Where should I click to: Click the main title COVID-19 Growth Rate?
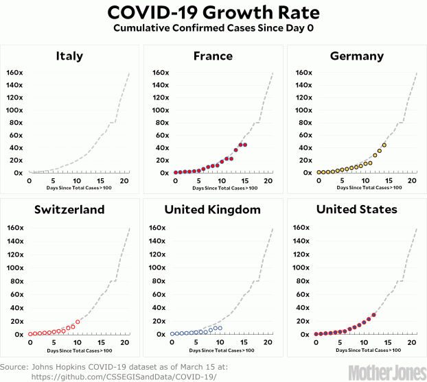coord(213,13)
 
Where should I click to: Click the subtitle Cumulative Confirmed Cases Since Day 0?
coord(213,29)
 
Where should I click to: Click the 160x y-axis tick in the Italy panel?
coord(14,73)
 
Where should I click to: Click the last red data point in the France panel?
coord(245,145)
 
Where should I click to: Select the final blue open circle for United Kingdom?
coord(220,328)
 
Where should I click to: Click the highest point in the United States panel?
coord(374,315)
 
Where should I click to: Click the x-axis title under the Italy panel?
coord(79,187)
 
